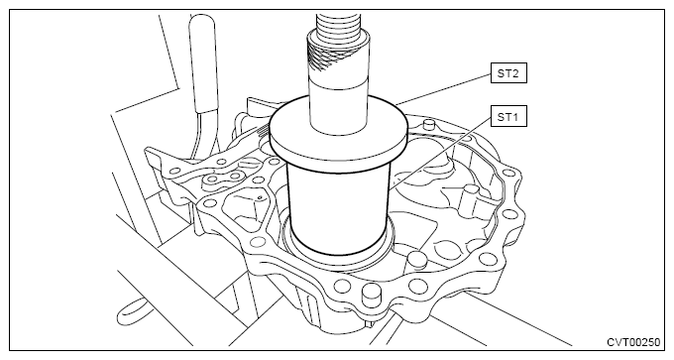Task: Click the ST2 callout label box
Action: click(508, 73)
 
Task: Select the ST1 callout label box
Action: click(508, 117)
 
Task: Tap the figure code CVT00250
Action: click(633, 342)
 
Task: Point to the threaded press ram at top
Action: click(337, 25)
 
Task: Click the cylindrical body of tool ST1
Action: click(338, 211)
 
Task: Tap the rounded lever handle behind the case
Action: click(202, 64)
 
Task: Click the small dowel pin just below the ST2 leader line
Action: click(428, 126)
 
